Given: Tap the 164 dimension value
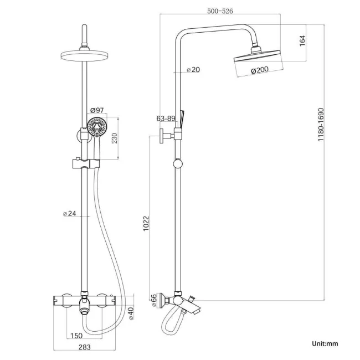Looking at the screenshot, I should [x=302, y=42].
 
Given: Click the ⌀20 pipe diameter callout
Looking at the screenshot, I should [x=193, y=70].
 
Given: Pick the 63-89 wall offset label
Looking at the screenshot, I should [x=166, y=118].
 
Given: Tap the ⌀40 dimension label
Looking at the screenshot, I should [x=131, y=313].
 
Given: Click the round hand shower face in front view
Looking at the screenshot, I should [x=97, y=127].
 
